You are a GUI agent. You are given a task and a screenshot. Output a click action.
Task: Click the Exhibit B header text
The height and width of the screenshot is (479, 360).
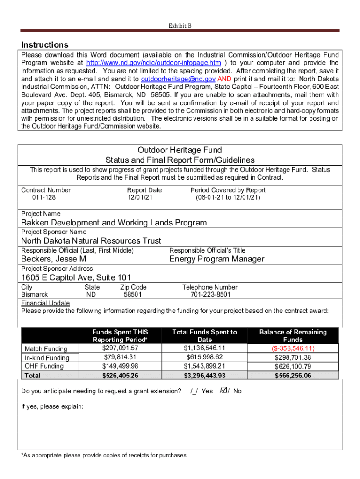[x=180, y=26]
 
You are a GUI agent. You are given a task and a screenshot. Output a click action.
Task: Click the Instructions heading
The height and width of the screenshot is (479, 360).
[x=45, y=45]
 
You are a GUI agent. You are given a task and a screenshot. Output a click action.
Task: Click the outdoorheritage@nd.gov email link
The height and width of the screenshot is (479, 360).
[x=178, y=79]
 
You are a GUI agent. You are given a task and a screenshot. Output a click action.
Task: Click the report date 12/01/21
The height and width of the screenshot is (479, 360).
[x=139, y=198]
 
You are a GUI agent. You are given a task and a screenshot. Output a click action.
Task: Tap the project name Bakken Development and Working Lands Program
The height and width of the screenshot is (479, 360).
[x=114, y=223]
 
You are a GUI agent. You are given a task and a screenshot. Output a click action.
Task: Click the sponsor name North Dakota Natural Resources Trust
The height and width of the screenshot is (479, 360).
[x=91, y=241]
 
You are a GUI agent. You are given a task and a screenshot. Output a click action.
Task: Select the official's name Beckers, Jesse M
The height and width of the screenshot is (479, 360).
[x=53, y=259]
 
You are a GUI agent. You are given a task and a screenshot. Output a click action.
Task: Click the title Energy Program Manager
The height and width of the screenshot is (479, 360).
[x=216, y=259]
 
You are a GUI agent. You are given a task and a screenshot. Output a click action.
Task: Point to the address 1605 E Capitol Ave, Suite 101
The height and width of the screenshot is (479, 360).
[x=76, y=277]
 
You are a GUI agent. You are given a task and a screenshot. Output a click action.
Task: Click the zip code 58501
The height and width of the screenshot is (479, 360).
[x=133, y=295]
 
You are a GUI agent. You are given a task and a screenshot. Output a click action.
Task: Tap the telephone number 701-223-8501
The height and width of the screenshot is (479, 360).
[x=210, y=295]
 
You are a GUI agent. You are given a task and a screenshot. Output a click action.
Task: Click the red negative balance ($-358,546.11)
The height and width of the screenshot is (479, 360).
[x=293, y=348]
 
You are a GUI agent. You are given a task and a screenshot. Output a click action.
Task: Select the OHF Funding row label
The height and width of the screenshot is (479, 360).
[x=44, y=366]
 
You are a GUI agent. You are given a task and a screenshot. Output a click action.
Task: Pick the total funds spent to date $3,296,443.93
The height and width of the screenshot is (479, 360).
[x=204, y=376]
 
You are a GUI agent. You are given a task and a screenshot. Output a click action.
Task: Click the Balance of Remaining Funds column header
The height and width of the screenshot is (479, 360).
[x=293, y=336]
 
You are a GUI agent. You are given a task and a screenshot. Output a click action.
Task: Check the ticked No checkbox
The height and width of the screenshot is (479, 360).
[x=224, y=390]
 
